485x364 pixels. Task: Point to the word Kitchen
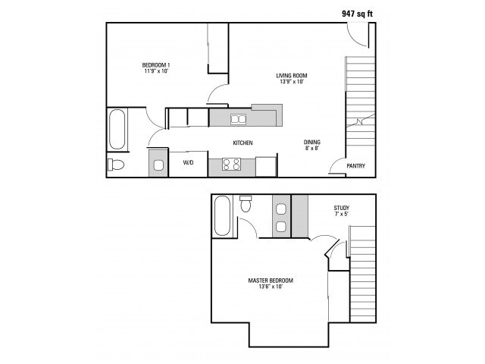click(x=242, y=143)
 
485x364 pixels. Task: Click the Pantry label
click(x=355, y=166)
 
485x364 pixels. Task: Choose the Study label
click(x=342, y=208)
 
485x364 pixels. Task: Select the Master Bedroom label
click(x=271, y=281)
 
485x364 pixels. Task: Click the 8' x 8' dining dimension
click(x=312, y=149)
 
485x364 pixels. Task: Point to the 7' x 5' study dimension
click(x=342, y=215)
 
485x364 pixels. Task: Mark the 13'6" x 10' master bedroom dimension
click(x=271, y=287)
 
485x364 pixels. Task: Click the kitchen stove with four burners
click(x=231, y=164)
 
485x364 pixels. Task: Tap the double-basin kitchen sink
click(x=239, y=118)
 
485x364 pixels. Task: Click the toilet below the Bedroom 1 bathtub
click(x=116, y=165)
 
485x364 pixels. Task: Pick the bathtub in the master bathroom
click(x=223, y=215)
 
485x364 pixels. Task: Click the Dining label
click(x=312, y=143)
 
